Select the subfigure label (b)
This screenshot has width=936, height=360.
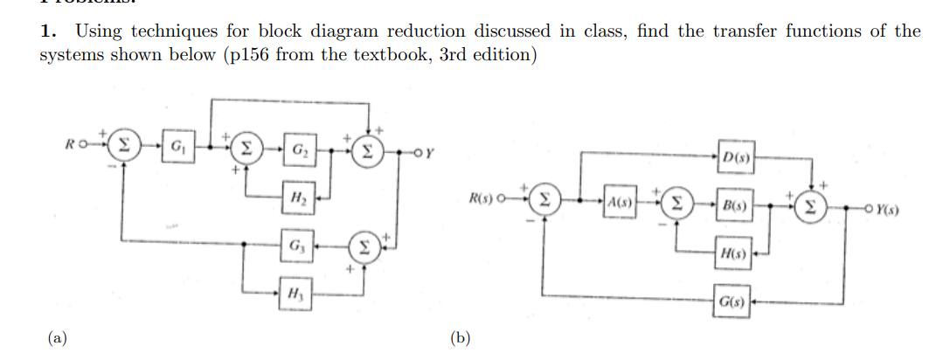pos(458,337)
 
